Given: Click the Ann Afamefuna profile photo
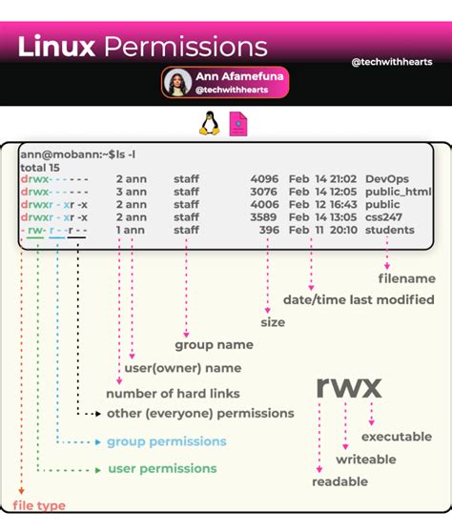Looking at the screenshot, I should click(177, 82).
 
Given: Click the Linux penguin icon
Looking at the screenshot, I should click(209, 124).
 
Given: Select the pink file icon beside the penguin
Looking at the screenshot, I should click(239, 124).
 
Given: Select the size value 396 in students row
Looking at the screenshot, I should click(268, 230).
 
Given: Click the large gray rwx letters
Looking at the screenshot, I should click(349, 386).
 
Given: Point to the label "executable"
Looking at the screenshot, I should click(397, 437).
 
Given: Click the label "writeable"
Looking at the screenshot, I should click(366, 460).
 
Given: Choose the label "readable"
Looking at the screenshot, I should click(340, 482).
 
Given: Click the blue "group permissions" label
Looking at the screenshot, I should click(166, 441).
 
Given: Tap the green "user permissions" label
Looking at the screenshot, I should click(162, 469).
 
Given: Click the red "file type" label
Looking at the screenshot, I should click(39, 505).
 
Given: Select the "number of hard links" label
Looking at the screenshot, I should click(173, 394).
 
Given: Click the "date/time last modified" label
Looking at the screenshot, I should click(359, 300).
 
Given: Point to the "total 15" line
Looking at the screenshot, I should click(41, 166).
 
